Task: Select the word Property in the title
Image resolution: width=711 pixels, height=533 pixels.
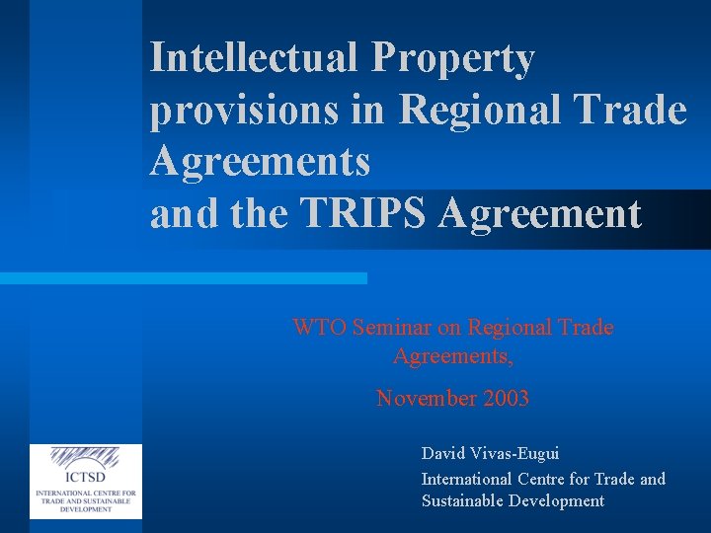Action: coord(453,59)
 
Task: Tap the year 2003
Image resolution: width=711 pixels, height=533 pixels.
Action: coord(507,399)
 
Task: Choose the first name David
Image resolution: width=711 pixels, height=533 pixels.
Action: coord(443,454)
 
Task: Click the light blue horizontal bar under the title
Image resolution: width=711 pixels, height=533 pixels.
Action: coord(183,278)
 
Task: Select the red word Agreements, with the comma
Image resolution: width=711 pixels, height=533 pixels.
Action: coord(452,354)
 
